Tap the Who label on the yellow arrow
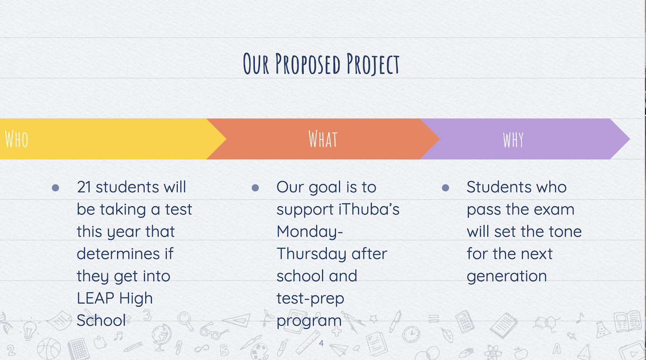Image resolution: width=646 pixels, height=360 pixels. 17,139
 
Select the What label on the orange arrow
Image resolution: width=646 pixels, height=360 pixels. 323,139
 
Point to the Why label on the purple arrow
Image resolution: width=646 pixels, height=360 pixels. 513,140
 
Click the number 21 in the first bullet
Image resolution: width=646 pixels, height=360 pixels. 84,187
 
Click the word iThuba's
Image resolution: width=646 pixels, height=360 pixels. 369,209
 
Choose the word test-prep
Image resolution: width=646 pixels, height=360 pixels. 310,299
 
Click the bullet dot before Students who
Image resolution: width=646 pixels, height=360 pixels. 445,188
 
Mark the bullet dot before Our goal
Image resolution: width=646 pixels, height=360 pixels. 255,188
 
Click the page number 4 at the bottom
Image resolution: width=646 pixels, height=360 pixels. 321,343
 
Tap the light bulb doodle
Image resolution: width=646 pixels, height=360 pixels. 29,330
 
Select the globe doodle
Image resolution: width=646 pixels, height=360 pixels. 161,337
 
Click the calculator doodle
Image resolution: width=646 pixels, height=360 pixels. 465,321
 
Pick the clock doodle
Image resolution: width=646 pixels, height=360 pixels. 411,334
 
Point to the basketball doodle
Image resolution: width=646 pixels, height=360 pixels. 49,349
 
